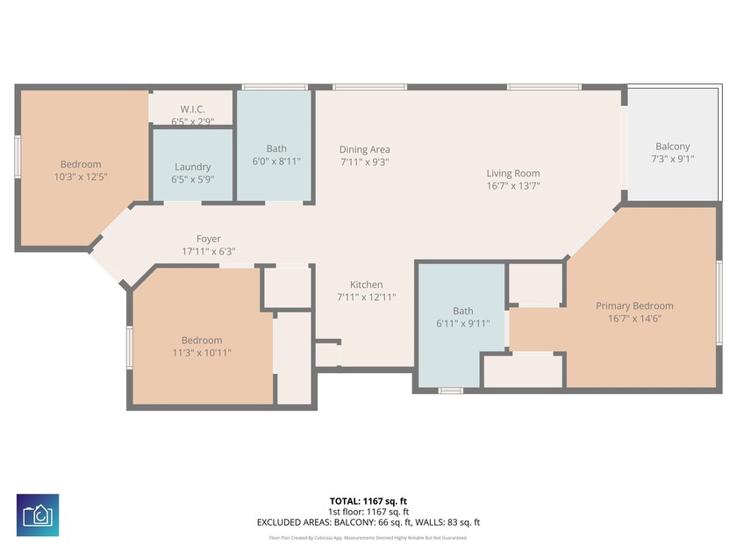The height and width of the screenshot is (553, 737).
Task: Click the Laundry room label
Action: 192,167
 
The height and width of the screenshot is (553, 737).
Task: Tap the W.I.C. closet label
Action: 192,110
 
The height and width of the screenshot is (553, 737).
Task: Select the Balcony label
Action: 672,147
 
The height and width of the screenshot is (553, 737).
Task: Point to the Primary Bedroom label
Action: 634,305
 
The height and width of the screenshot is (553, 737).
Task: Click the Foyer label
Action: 208,239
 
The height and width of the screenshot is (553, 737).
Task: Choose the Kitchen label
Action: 366,284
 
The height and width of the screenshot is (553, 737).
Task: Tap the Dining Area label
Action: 365,150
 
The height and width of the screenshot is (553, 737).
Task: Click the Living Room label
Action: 513,174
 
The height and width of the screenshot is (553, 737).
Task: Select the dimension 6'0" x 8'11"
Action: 276,161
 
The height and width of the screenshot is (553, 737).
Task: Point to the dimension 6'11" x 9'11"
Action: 462,323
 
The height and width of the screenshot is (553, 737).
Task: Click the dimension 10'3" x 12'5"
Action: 81,176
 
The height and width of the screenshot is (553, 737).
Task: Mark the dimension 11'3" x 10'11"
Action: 201,352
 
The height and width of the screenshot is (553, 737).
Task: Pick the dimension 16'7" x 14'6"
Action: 634,318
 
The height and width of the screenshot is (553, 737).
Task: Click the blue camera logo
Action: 38,515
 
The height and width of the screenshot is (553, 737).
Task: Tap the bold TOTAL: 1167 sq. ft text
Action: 368,502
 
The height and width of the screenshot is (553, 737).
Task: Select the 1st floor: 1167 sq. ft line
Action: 368,512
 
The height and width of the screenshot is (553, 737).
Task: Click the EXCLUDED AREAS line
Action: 368,522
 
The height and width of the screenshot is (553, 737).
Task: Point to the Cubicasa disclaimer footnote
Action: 368,537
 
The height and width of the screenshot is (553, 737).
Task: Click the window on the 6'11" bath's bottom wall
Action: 450,390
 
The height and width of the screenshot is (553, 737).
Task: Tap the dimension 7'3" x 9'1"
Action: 672,159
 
